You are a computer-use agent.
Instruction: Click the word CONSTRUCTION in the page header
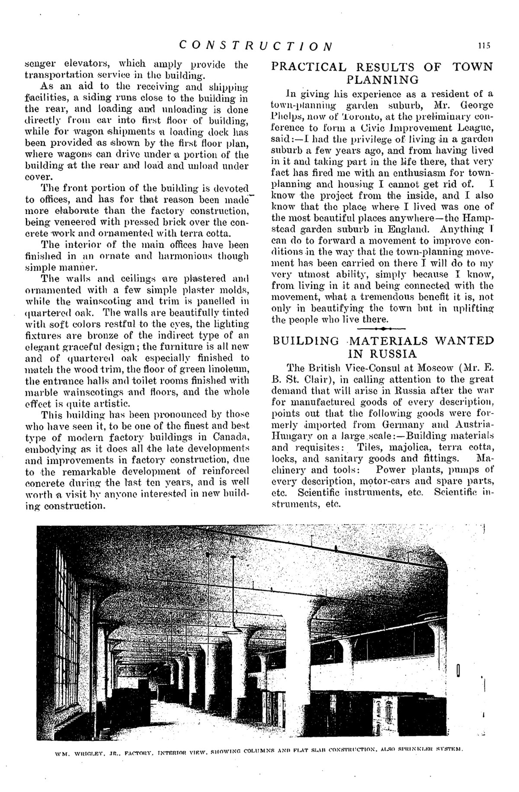coord(256,45)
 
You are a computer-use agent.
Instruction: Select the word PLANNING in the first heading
coord(383,80)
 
